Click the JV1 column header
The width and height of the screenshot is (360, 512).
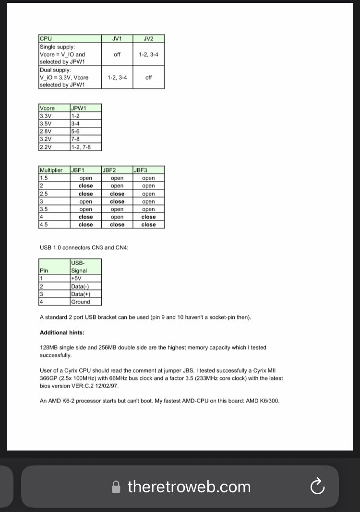coord(117,38)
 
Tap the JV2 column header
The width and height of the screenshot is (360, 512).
coord(148,38)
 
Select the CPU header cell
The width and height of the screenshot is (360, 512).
coord(70,38)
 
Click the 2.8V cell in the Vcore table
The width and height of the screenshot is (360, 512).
coord(54,131)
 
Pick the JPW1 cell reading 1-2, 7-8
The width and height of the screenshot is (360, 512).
coord(85,146)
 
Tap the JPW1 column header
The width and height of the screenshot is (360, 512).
coord(85,108)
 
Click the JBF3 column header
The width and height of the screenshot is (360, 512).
coord(148,170)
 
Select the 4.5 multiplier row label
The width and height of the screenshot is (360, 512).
coord(54,224)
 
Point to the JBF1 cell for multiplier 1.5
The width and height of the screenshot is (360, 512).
coord(85,178)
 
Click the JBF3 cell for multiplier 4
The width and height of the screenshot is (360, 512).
coord(148,217)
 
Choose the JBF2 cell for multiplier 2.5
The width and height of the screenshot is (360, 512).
coord(117,194)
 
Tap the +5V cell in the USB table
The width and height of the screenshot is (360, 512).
coord(85,279)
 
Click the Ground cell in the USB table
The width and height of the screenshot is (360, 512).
coord(85,302)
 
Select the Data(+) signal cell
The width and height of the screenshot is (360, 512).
coord(85,294)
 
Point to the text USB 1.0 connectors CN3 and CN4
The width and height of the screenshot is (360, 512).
coord(84,248)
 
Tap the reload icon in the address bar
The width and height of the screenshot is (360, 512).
coord(317,487)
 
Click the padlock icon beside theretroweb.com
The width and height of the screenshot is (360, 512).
coord(116,487)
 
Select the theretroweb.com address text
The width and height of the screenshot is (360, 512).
coord(189,487)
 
